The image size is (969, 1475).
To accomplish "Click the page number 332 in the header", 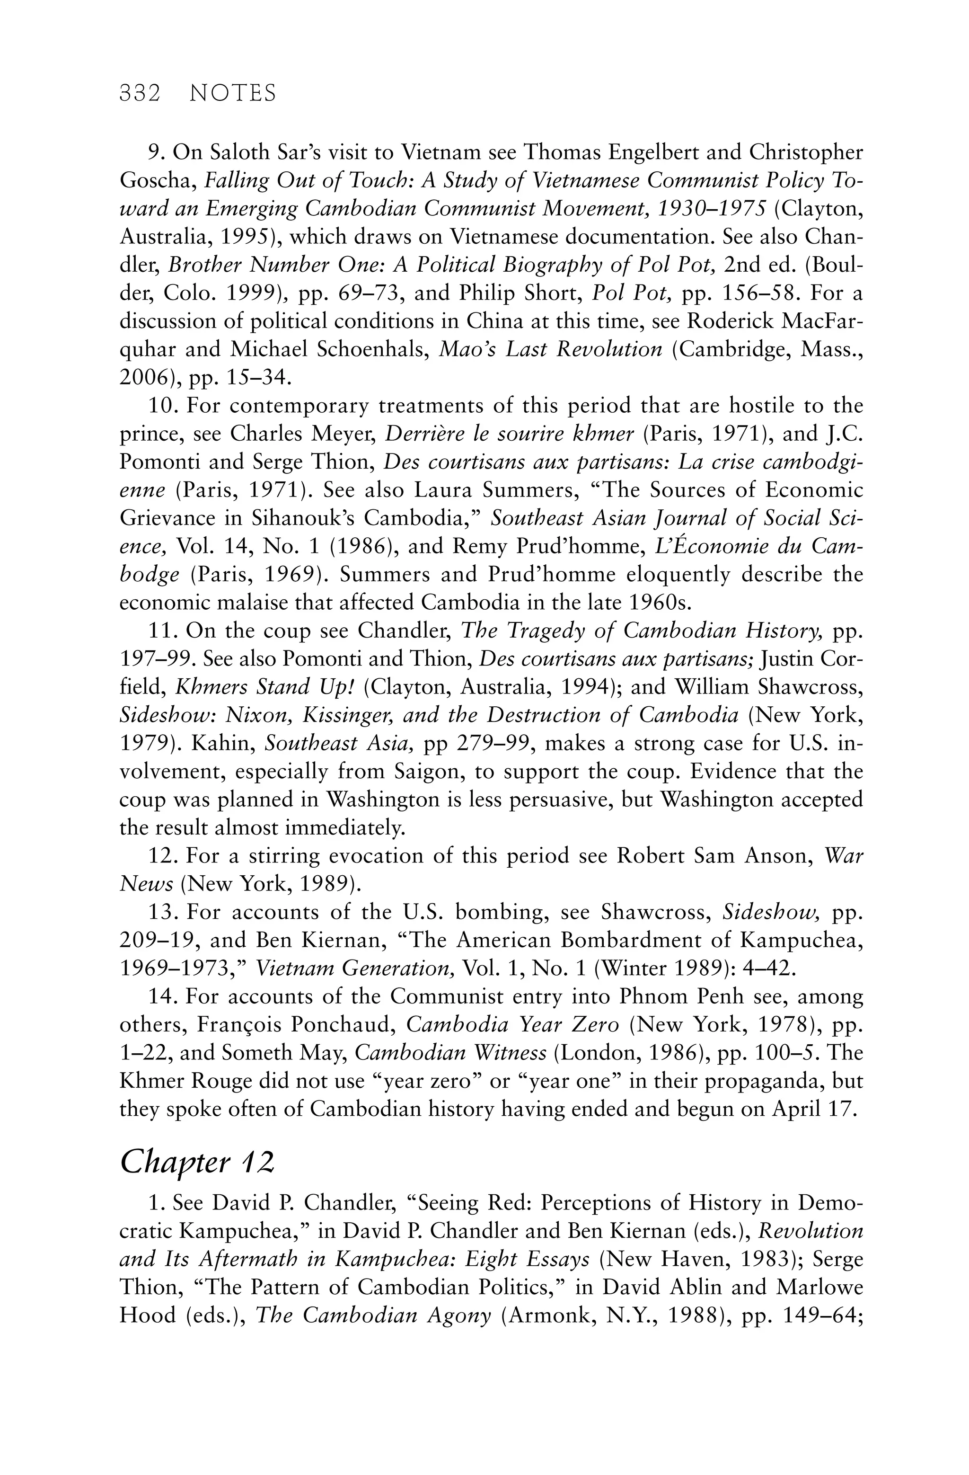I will pyautogui.click(x=140, y=94).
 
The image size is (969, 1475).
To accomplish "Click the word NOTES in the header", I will pyautogui.click(x=232, y=94).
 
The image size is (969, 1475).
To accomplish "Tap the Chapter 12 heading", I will pyautogui.click(x=196, y=1162).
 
